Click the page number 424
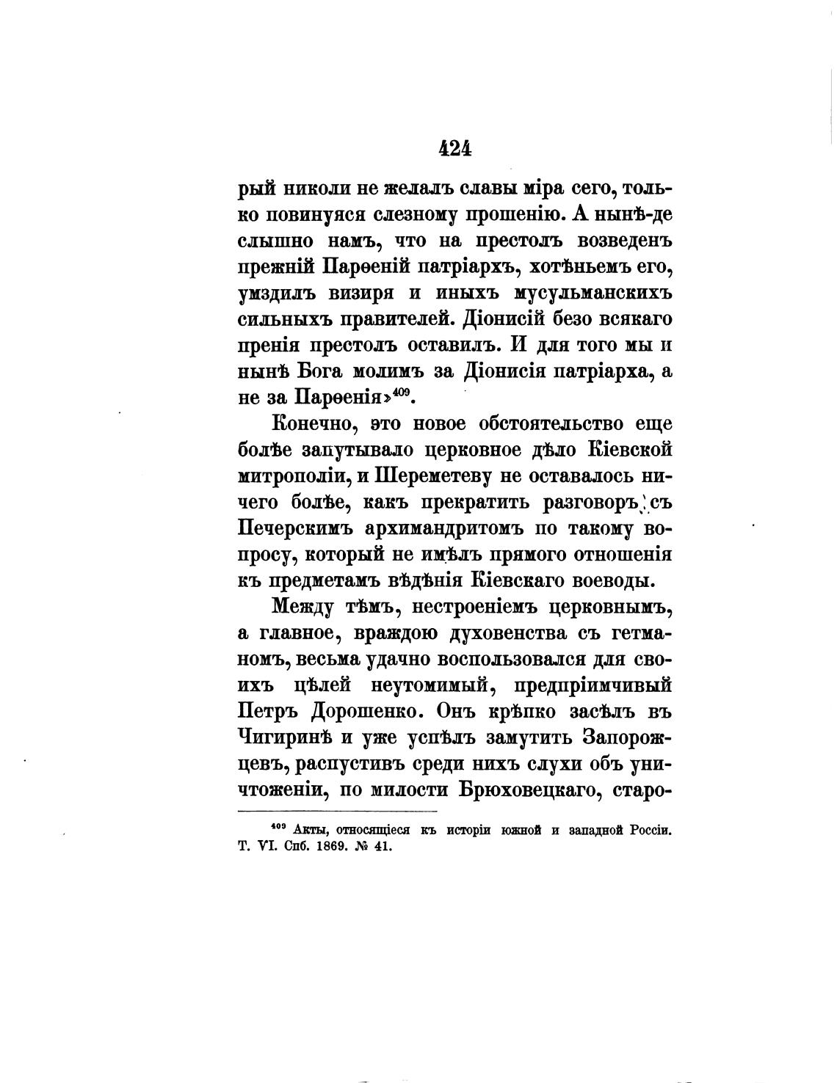click(454, 148)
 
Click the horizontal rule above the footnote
click(338, 811)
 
